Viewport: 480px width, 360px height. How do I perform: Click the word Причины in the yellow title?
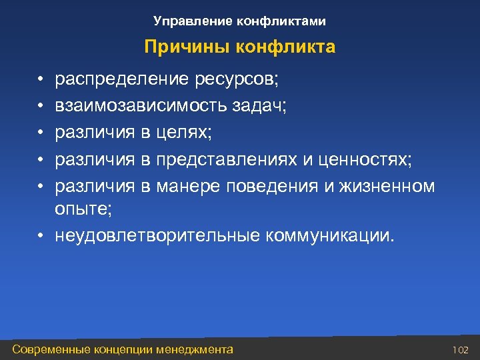point(176,48)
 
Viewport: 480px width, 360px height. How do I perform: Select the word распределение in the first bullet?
point(123,81)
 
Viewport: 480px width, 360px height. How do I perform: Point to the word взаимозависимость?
point(139,107)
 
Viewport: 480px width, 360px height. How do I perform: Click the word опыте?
point(83,209)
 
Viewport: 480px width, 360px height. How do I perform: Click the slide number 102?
point(461,349)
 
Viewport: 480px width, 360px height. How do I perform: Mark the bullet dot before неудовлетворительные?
point(41,235)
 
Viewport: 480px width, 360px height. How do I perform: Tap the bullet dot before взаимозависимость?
point(41,107)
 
